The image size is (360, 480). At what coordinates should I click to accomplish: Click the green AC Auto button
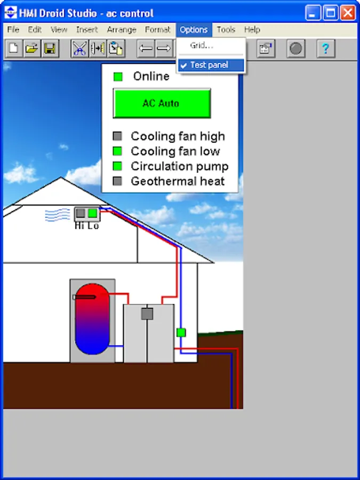162,103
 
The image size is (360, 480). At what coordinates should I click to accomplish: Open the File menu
13,30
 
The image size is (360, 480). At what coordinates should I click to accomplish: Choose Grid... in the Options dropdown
202,46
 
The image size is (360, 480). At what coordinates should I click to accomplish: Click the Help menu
252,30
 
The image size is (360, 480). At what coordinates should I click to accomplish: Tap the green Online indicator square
118,77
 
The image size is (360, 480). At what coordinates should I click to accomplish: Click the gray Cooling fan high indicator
118,137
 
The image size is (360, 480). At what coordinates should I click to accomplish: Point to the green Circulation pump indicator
118,166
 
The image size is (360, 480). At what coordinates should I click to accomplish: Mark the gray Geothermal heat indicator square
118,181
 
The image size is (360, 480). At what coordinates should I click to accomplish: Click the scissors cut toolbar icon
79,49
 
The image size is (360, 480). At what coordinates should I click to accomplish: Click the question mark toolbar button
325,49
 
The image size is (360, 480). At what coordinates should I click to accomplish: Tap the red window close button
348,13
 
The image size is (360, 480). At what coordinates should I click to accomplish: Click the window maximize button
331,13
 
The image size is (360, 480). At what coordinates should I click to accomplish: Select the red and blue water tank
92,319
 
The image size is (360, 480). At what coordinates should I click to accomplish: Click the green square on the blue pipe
181,332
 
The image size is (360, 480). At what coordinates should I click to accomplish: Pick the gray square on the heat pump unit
147,314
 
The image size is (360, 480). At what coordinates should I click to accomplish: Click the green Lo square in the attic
92,213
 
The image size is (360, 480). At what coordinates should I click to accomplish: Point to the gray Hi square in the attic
81,213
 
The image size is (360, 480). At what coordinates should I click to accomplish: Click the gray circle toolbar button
296,49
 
